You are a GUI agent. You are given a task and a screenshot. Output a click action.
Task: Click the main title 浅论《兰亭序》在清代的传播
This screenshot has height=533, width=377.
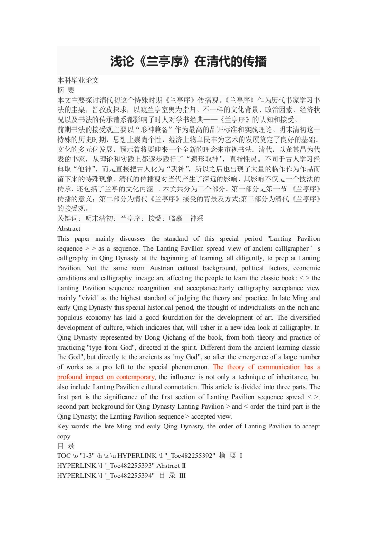pos(188,61)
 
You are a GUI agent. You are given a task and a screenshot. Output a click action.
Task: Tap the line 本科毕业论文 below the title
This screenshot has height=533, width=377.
pos(78,80)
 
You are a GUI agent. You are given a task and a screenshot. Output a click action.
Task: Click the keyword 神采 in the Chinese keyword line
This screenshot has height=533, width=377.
pos(196,219)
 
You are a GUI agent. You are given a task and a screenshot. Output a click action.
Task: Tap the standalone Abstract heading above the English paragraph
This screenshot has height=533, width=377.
pos(69,228)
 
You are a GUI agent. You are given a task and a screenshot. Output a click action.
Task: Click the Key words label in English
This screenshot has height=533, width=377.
pos(73,426)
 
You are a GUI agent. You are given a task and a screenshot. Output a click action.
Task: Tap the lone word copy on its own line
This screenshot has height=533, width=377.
pos(64,436)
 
